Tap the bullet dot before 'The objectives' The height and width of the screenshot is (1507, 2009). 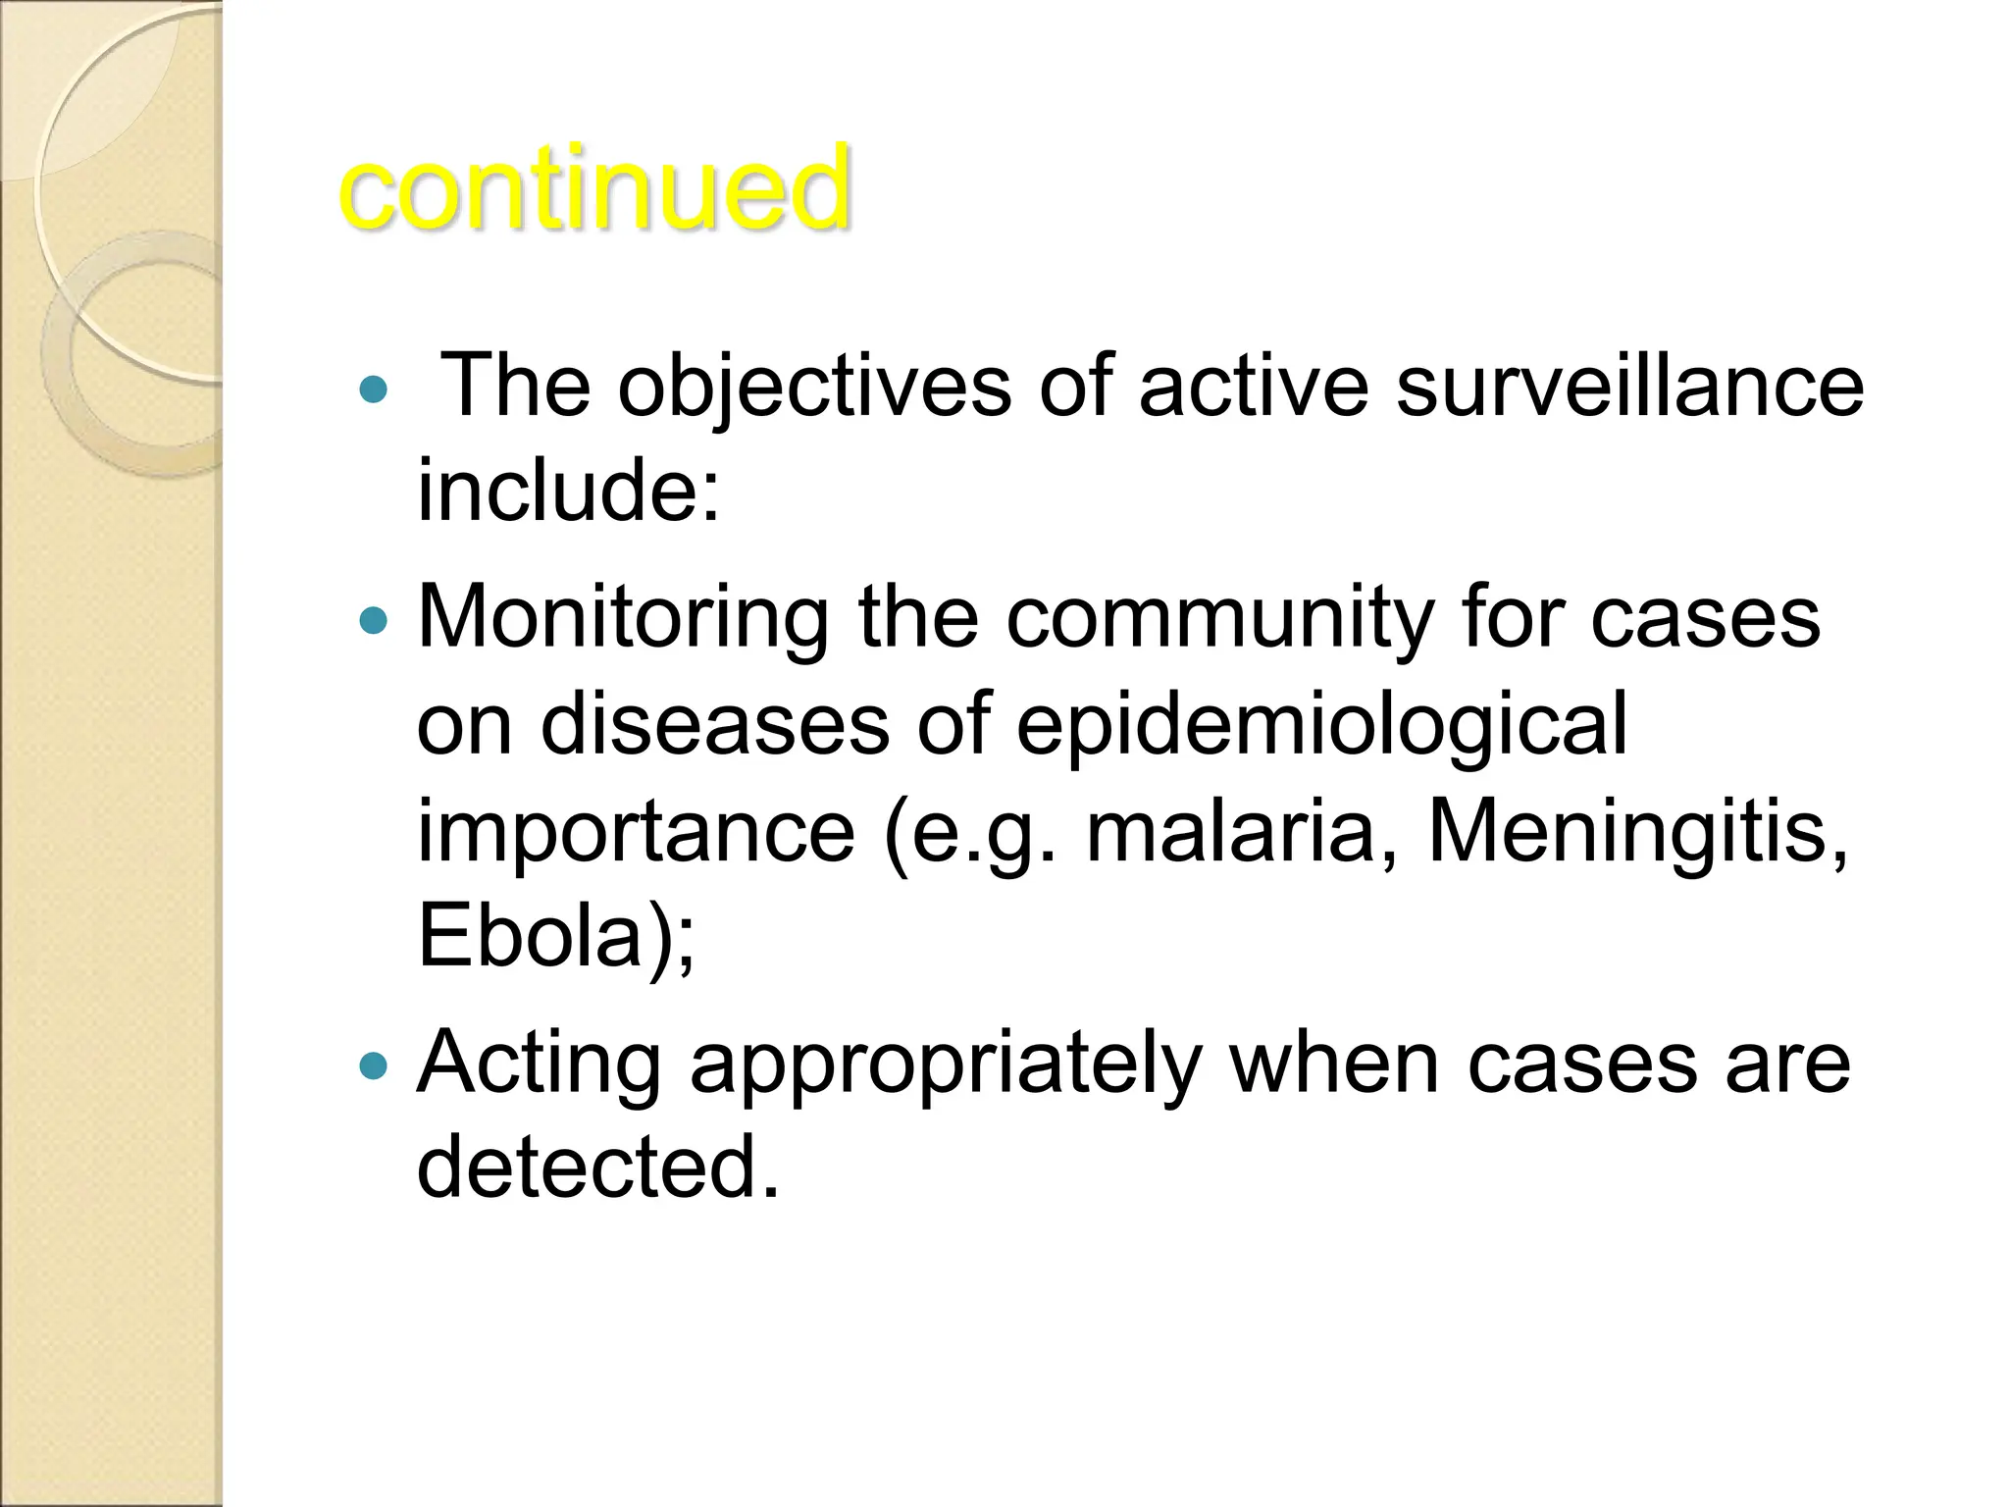click(x=374, y=390)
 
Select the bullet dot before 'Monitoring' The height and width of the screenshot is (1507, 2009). click(x=374, y=620)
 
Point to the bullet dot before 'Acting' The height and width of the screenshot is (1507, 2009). click(x=374, y=1065)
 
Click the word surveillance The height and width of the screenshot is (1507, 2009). click(x=1629, y=386)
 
